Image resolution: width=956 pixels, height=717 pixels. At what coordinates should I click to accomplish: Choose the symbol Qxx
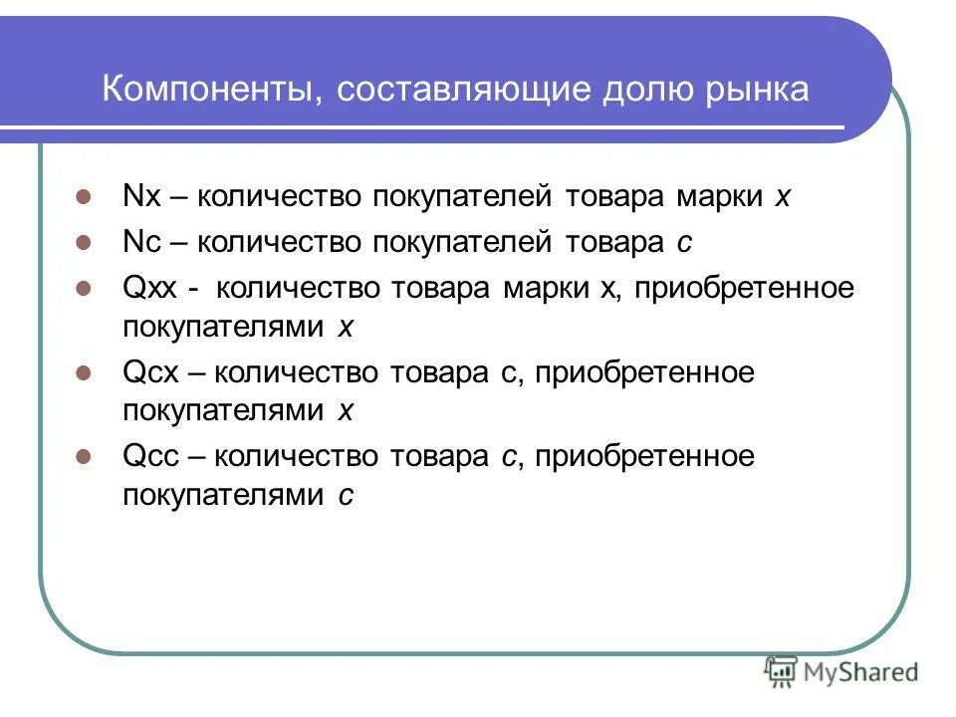[x=148, y=289]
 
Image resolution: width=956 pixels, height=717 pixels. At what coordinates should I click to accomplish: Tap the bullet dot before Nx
[x=85, y=196]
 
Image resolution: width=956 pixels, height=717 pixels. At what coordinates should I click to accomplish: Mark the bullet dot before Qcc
[x=85, y=457]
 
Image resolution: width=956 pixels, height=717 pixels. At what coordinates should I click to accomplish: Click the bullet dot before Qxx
[x=85, y=289]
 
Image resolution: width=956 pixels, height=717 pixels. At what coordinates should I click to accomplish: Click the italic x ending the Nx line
[x=783, y=197]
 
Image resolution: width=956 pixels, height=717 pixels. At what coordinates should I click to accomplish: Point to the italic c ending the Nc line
[x=684, y=243]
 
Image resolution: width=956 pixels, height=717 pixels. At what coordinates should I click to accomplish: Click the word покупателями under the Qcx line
[x=225, y=410]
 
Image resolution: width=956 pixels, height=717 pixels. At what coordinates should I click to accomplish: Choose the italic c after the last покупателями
[x=346, y=495]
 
